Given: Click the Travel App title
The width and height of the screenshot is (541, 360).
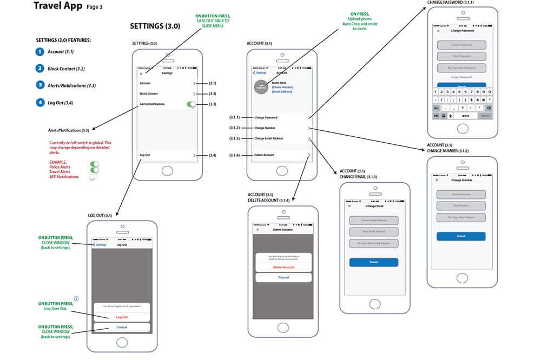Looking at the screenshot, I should point(58,6).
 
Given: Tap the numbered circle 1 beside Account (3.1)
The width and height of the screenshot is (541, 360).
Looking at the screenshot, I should point(39,52).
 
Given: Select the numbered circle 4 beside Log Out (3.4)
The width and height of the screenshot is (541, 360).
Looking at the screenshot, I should point(39,102).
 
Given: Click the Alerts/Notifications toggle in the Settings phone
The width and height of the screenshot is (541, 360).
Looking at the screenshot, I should point(191,104).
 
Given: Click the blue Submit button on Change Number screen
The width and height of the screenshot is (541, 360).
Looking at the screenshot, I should point(461,236).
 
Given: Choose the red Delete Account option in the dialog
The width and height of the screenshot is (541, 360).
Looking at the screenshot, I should point(283,267).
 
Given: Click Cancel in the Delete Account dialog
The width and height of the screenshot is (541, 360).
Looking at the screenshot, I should point(283,277).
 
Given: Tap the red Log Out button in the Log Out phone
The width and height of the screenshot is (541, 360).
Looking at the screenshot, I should point(122,317).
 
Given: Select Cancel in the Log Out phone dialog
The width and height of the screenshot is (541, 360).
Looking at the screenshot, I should point(122,327).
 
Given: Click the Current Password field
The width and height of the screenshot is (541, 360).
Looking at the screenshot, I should point(461,45).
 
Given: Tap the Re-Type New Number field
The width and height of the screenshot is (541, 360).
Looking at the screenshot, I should point(461,217).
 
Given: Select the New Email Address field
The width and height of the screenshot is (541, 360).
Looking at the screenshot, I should point(373,232).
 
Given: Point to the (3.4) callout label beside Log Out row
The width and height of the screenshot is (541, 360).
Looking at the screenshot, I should point(213,156).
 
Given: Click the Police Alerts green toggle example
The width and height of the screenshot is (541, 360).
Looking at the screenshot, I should point(95,163).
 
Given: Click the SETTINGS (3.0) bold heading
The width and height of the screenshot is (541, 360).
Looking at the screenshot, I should point(155,26).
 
